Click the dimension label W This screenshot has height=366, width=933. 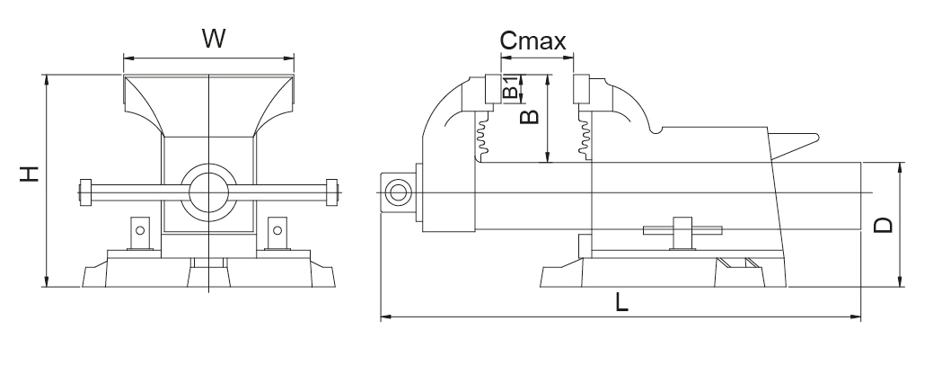point(212,39)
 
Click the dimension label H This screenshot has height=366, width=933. point(30,174)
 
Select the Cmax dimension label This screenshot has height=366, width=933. point(533,40)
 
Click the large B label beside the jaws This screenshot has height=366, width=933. point(530,116)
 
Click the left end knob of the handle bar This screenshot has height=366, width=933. point(85,191)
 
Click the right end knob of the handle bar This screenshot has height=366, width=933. point(332,191)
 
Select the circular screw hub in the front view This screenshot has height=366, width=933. point(209,191)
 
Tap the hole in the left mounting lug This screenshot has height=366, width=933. point(140,230)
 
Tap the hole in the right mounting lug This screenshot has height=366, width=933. point(277,230)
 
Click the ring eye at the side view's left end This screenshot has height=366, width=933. point(396,190)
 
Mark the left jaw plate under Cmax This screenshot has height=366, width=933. point(491,90)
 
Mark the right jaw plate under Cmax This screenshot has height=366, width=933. point(581,90)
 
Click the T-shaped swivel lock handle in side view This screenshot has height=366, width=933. point(682,230)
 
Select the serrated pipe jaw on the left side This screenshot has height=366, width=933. point(482,136)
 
